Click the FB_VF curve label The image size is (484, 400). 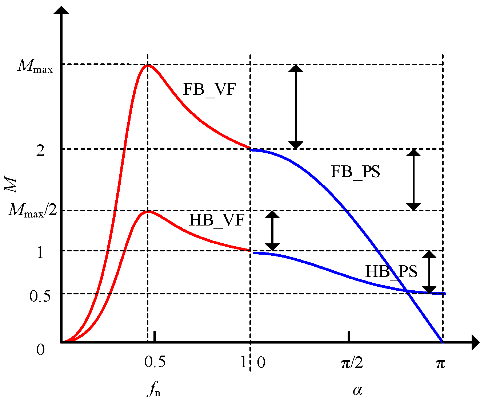pyautogui.click(x=209, y=89)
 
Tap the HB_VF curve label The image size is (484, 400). pyautogui.click(x=216, y=220)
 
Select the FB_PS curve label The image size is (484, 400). pyautogui.click(x=355, y=172)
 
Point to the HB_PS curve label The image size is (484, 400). pyautogui.click(x=391, y=271)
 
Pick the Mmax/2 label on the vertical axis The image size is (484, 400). pyautogui.click(x=33, y=210)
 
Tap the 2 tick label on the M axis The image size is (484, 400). pyautogui.click(x=41, y=150)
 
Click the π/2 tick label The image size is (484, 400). pyautogui.click(x=352, y=363)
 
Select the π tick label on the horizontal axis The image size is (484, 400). pyautogui.click(x=440, y=363)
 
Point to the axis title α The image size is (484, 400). pyautogui.click(x=357, y=390)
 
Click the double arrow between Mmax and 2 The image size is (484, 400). pyautogui.click(x=296, y=107)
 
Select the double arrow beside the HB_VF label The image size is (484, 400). pyautogui.click(x=272, y=231)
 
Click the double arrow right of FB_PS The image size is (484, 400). pyautogui.click(x=413, y=180)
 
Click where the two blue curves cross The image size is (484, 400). pyautogui.click(x=407, y=291)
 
